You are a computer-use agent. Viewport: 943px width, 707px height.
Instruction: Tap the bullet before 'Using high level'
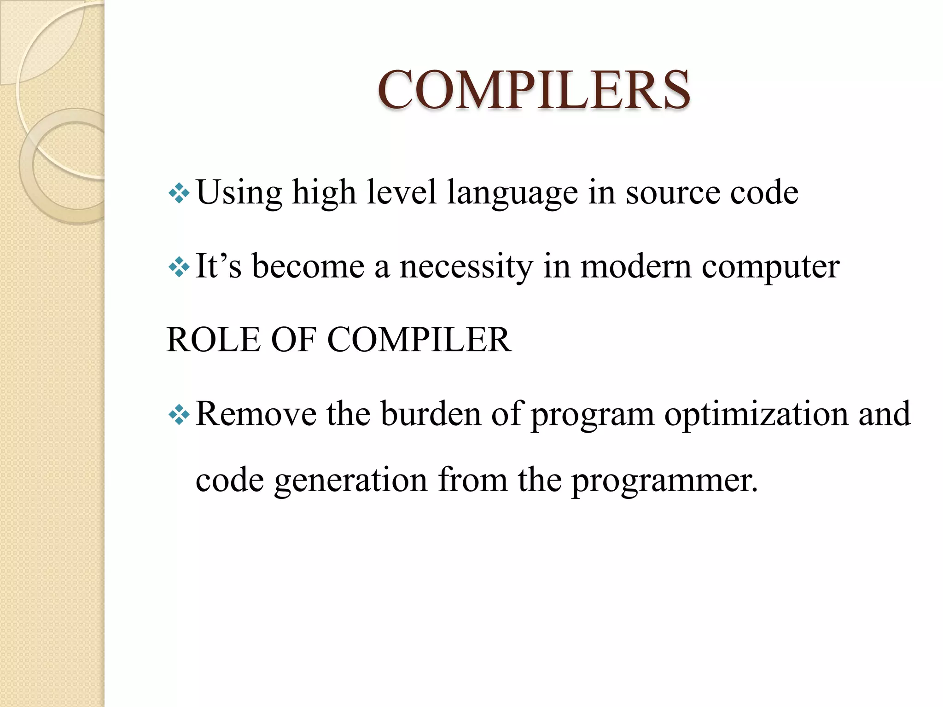[179, 193]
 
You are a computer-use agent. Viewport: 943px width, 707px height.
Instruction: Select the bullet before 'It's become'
[179, 267]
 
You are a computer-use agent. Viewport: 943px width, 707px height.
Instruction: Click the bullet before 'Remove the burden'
[179, 415]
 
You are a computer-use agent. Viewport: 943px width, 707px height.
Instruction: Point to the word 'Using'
[239, 192]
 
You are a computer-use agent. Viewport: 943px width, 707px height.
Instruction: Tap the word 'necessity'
[466, 267]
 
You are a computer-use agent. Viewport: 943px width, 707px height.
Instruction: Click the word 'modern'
[635, 267]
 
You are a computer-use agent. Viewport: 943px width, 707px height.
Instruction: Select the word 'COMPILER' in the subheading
[419, 340]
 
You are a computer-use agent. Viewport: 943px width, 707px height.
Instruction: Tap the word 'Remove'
[256, 414]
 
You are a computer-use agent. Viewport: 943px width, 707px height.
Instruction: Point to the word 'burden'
[431, 414]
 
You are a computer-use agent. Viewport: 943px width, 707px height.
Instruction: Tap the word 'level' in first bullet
[401, 192]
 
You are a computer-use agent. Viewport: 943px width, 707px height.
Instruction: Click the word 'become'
[308, 267]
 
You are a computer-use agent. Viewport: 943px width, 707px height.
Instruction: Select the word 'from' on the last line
[473, 480]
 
